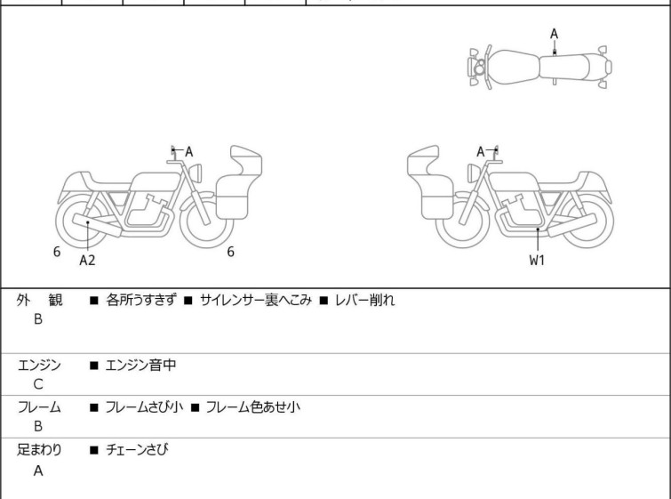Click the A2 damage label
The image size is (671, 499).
[x=87, y=261]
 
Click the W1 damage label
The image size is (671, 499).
[x=538, y=261]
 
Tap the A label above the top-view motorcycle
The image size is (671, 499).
[x=554, y=34]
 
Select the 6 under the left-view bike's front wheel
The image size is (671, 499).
[x=230, y=252]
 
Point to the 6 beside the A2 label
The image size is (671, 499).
[x=57, y=252]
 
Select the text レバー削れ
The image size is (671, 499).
[x=364, y=300]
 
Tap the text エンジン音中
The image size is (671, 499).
[x=141, y=364]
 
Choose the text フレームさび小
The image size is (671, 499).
[x=144, y=407]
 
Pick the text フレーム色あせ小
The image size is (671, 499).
[x=252, y=407]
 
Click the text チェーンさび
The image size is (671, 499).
[x=136, y=450]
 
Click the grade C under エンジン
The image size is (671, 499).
[x=37, y=384]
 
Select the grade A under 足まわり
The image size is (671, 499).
[x=37, y=471]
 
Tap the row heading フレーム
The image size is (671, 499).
[x=39, y=407]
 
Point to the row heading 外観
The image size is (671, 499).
[x=39, y=300]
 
